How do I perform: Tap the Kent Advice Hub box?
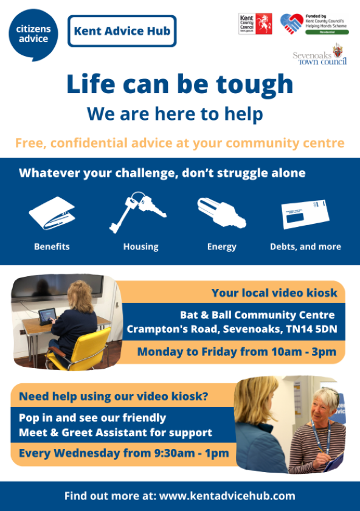pos(122,31)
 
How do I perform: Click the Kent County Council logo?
pos(255,24)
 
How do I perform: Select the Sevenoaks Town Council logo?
pos(320,56)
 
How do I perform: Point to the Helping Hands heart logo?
pos(292,24)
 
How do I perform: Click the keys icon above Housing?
pos(137,212)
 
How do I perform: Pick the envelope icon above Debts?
pos(305,214)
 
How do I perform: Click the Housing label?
pos(140,247)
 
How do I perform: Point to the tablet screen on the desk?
pos(47,315)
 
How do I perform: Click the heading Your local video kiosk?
pos(274,293)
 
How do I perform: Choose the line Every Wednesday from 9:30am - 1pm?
pos(124,453)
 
